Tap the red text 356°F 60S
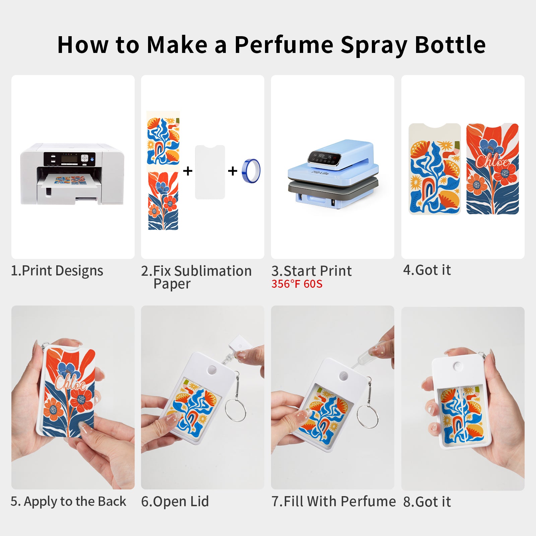(297, 284)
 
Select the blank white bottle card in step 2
(210, 172)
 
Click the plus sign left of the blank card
(188, 171)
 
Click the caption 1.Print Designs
(57, 271)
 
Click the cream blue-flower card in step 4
(434, 169)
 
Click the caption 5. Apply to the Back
(68, 501)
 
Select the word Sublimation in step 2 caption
(213, 271)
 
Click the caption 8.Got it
(427, 502)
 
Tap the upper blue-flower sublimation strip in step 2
(163, 141)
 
